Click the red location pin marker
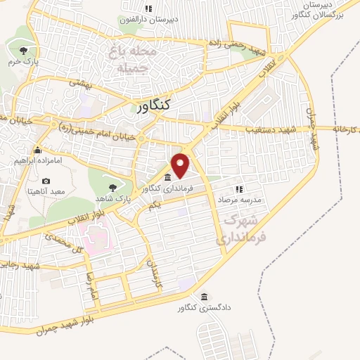click(181, 165)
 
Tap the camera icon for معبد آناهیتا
click(46, 181)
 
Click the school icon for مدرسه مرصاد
click(239, 189)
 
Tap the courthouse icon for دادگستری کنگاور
click(204, 297)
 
